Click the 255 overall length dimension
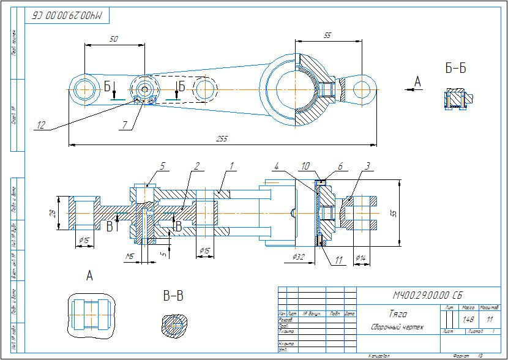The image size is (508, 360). click(222, 139)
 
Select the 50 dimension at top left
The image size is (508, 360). click(113, 39)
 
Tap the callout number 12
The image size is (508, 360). click(41, 126)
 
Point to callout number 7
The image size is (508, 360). click(124, 125)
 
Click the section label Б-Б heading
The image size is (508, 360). click(455, 68)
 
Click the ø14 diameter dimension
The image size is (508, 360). click(362, 258)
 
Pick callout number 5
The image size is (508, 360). click(162, 165)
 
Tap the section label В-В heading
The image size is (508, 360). click(173, 296)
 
